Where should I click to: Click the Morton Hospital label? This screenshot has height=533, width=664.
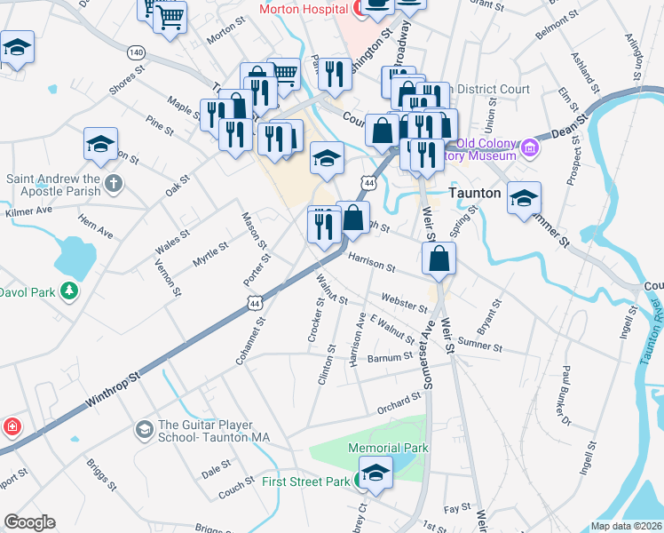[303, 9]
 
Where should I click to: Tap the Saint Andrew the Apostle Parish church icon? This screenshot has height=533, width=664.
[112, 183]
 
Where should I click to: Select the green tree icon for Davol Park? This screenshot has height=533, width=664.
[67, 291]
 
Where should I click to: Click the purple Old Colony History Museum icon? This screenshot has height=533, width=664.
[530, 147]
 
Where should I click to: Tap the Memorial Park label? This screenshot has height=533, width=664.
[388, 448]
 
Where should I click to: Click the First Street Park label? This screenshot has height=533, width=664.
[306, 481]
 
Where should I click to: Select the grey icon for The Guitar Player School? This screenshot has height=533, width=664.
[143, 430]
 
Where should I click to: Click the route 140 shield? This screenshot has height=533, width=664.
[136, 53]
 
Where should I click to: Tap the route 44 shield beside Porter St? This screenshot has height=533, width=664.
[256, 303]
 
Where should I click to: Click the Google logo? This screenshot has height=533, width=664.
[29, 522]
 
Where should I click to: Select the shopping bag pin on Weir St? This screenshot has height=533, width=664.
[440, 260]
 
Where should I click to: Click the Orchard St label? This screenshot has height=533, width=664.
[397, 404]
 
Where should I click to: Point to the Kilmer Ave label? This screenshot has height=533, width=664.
[29, 212]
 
